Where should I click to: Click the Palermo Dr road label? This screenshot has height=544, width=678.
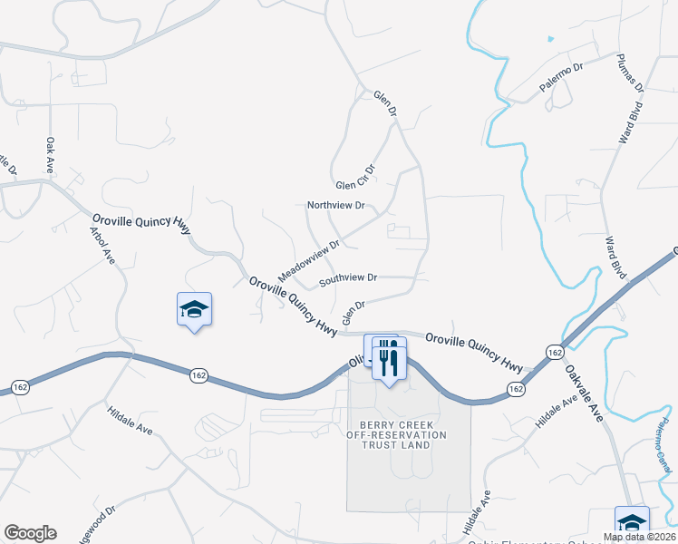click(x=563, y=72)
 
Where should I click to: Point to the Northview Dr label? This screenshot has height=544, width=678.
click(x=335, y=206)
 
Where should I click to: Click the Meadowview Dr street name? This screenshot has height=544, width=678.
click(x=308, y=259)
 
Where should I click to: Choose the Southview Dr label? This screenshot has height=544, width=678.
click(x=347, y=277)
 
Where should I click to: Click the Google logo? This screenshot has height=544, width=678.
click(x=30, y=533)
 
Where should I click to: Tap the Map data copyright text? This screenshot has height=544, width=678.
click(x=640, y=537)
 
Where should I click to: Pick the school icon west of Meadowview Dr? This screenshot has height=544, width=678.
click(x=194, y=309)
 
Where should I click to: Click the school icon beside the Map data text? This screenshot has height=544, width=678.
click(x=632, y=521)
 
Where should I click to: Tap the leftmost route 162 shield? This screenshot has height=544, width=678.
click(x=20, y=387)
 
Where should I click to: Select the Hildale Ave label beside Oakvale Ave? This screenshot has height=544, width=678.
click(x=556, y=413)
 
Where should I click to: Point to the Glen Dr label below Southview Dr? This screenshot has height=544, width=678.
click(x=354, y=313)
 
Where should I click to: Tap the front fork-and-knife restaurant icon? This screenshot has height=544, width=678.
click(x=390, y=363)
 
